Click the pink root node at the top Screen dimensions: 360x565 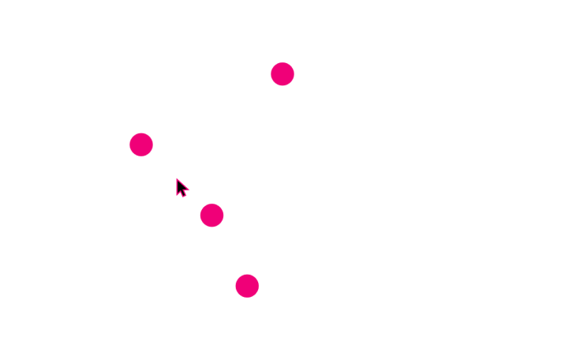(x=282, y=74)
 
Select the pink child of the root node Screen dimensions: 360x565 (x=141, y=144)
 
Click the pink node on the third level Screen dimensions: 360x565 (x=211, y=215)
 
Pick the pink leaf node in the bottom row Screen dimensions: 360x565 (x=247, y=286)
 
